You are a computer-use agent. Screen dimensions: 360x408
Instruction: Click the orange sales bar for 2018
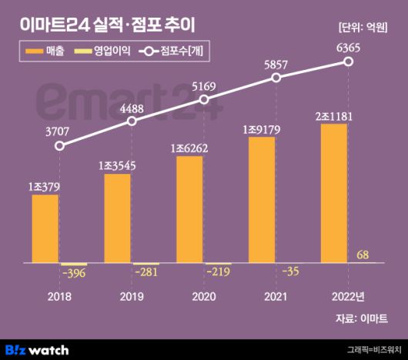click(x=45, y=228)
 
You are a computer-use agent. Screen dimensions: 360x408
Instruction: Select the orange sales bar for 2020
click(x=189, y=209)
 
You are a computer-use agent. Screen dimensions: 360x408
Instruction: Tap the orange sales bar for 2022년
click(x=333, y=193)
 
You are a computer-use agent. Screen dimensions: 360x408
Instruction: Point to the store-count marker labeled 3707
click(x=60, y=145)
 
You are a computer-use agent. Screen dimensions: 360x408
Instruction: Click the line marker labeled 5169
click(x=204, y=100)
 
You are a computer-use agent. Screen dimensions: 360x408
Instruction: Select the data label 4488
click(x=132, y=107)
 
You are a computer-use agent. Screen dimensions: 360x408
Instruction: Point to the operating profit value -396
click(x=75, y=274)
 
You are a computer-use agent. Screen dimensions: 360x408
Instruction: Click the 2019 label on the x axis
click(x=132, y=296)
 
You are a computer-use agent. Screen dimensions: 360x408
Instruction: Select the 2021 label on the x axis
click(x=276, y=296)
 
